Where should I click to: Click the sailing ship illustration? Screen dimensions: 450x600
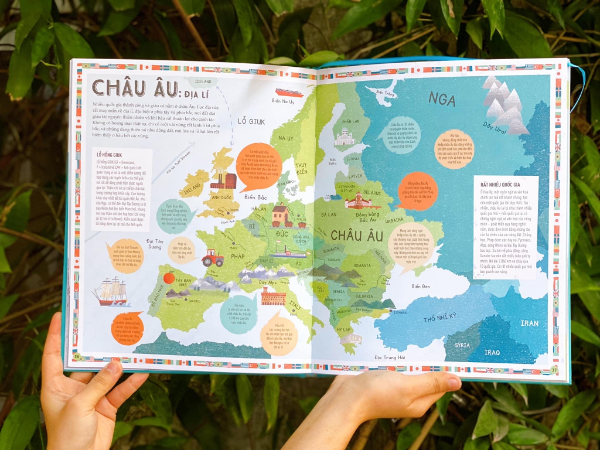[x=111, y=291]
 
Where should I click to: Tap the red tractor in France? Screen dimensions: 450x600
[x=212, y=257]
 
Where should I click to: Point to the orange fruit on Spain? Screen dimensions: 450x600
[x=169, y=278]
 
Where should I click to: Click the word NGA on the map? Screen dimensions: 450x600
[x=441, y=99]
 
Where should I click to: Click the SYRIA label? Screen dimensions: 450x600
[x=462, y=345]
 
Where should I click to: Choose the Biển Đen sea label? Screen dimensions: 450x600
[x=424, y=286]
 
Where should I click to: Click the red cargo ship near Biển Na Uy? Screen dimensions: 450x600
[x=288, y=93]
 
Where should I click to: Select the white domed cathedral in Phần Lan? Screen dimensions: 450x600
[x=344, y=138]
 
